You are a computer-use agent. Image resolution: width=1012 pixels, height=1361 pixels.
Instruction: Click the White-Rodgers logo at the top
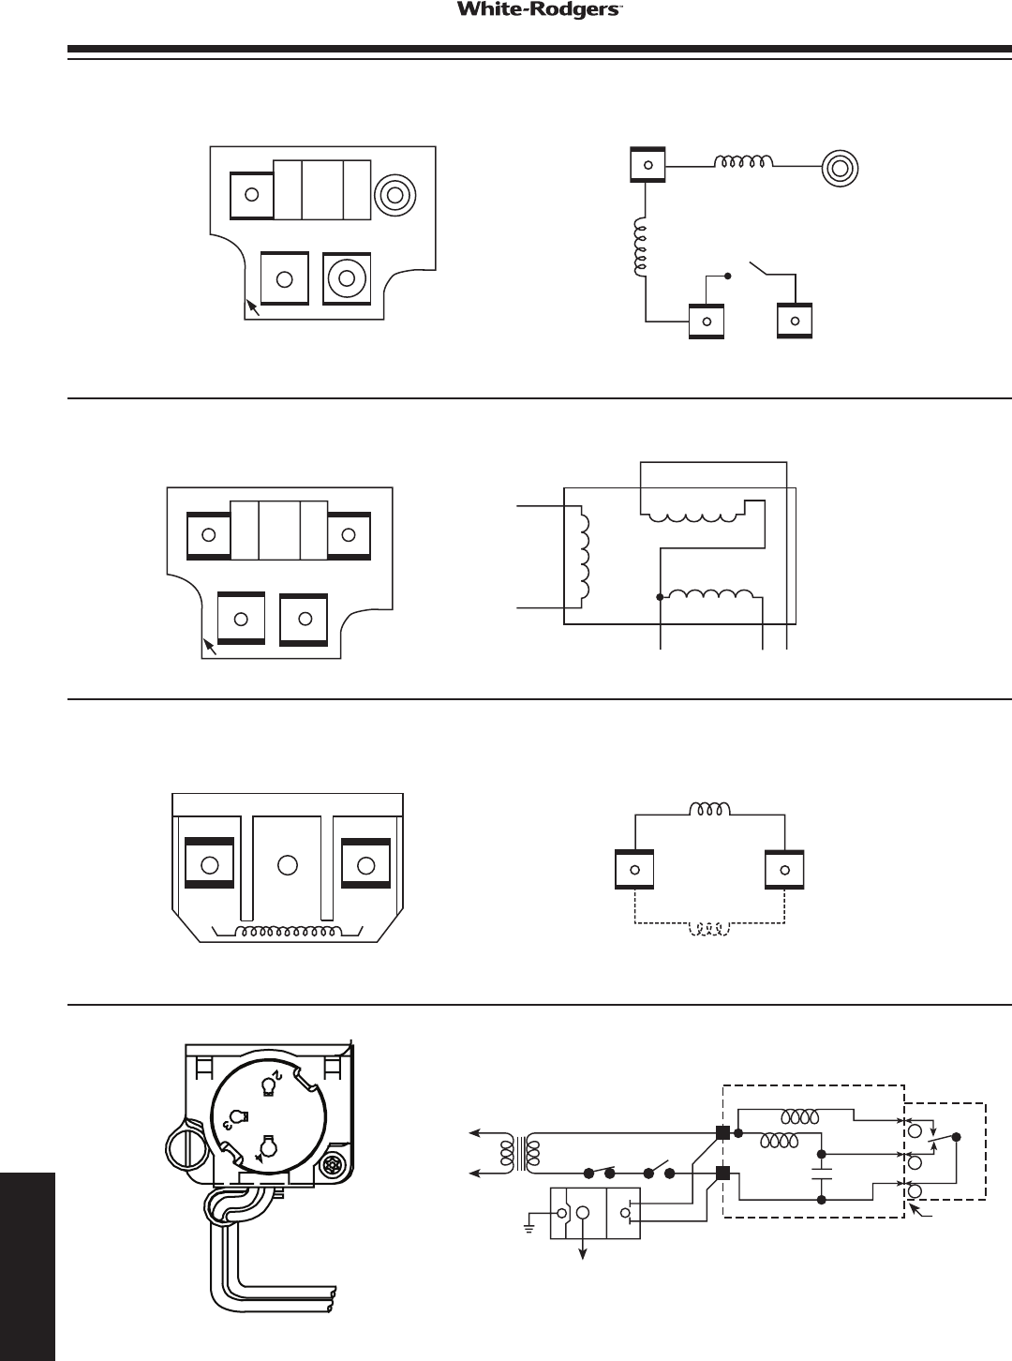click(529, 10)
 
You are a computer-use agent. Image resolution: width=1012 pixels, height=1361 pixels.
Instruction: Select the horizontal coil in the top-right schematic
click(744, 163)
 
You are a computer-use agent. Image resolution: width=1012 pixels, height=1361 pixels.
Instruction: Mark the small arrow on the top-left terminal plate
click(253, 307)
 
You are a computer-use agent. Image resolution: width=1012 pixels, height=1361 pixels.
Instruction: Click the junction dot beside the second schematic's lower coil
click(660, 597)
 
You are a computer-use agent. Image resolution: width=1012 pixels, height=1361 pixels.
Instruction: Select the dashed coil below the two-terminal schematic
click(710, 929)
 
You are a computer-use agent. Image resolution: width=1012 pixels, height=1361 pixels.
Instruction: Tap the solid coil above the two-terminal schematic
click(710, 808)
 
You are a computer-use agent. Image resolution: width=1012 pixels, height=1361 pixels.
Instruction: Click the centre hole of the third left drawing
click(289, 864)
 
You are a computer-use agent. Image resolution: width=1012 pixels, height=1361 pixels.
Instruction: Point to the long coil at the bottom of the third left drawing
click(288, 933)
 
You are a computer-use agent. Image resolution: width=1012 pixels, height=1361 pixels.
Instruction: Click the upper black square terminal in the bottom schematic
click(722, 1132)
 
